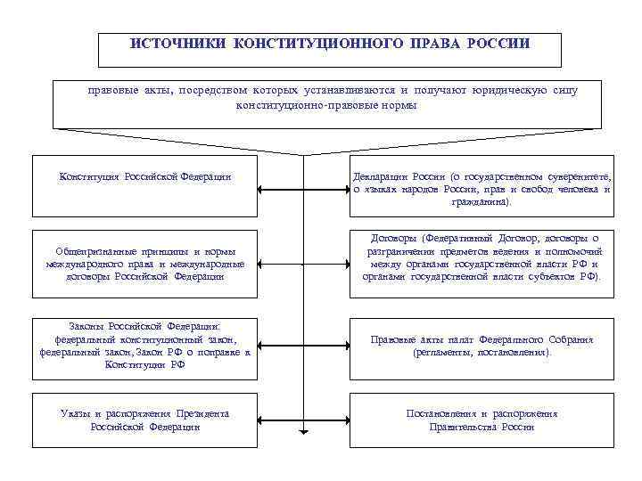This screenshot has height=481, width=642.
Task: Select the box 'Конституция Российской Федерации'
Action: pos(145,185)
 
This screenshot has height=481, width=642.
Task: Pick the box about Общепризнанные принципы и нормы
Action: pos(145,265)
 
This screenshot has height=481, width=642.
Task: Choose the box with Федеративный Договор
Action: pos(482,257)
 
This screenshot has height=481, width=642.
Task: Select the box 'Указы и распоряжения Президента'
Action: pos(145,420)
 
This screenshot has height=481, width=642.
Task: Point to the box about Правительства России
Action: pos(482,420)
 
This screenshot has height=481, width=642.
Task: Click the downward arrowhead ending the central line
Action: pos(303,432)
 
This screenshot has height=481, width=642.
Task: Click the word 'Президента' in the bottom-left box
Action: pos(202,414)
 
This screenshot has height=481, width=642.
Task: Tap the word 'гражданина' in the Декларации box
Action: pos(481,202)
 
